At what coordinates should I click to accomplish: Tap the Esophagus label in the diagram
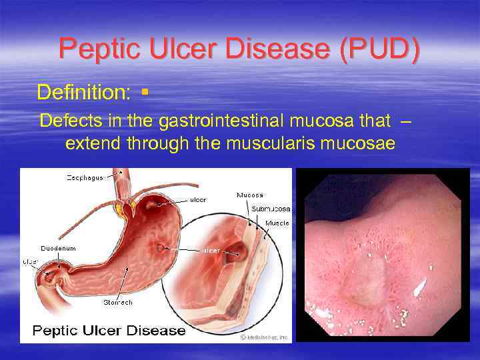click(85, 177)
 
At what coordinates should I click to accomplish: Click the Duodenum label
click(58, 248)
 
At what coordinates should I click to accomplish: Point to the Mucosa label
click(249, 195)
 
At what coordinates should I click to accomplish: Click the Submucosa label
click(271, 209)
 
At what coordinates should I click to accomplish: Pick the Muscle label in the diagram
click(277, 223)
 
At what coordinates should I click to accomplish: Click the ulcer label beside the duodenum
click(31, 262)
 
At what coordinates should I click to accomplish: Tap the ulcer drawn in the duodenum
click(51, 274)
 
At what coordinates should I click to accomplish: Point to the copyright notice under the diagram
click(264, 337)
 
